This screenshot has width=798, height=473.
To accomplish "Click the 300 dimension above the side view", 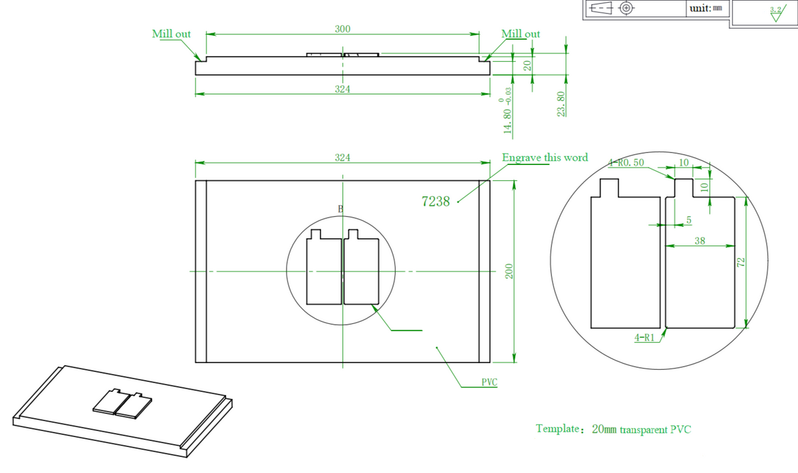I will tap(342, 29).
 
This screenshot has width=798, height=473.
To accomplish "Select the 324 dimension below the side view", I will tap(342, 88).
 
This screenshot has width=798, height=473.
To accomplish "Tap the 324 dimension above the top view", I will tap(342, 158).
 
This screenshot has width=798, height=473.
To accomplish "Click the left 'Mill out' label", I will tap(172, 34).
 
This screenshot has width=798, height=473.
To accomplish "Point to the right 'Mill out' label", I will tap(521, 33).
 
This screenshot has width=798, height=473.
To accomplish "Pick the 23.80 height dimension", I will tap(561, 104).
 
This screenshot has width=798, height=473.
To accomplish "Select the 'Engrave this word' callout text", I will tap(545, 158).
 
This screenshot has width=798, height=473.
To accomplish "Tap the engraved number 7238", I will tap(436, 202).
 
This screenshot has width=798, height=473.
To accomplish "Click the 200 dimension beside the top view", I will tap(509, 271).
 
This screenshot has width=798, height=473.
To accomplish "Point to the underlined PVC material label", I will tap(489, 383).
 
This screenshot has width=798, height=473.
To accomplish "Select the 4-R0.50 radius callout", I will tap(627, 162).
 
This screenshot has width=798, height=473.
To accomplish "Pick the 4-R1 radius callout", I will tap(645, 338).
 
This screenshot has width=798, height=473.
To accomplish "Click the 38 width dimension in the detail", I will tap(700, 240).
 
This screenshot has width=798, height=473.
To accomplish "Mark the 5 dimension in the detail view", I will tap(688, 219).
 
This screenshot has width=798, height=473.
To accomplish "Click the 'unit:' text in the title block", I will tap(700, 8).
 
